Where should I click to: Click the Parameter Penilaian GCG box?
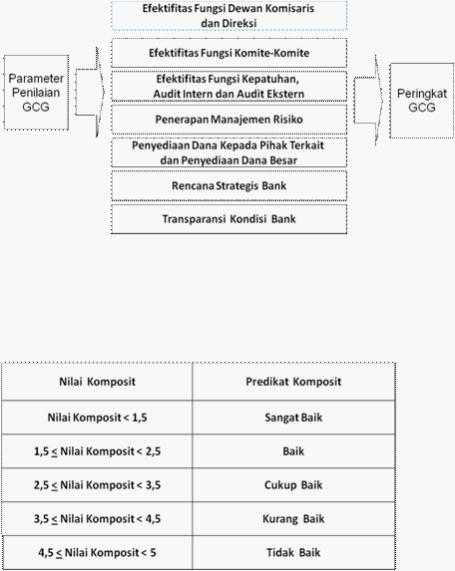pos(36,93)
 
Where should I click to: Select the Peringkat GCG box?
pos(422,101)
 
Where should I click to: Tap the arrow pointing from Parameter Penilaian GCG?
pos(90,92)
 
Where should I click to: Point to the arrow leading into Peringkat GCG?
pos(368,100)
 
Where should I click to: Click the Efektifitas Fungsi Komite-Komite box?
pos(228,53)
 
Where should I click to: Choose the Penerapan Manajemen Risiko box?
pos(228,120)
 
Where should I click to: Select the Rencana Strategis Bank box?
pos(228,185)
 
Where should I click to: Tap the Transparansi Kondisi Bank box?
pos(228,219)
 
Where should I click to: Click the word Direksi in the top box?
pos(239,23)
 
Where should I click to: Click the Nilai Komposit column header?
pos(97,382)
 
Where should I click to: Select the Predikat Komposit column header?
pos(293,382)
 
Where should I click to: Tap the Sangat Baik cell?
pos(293,418)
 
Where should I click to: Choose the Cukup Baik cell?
pos(293,485)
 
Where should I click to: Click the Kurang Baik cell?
pos(293,518)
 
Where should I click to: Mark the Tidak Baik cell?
pos(293,552)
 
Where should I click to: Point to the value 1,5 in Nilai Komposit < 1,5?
pos(140,418)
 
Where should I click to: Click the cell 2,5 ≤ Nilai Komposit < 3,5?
pos(97,485)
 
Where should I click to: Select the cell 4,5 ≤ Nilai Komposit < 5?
pos(97,552)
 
